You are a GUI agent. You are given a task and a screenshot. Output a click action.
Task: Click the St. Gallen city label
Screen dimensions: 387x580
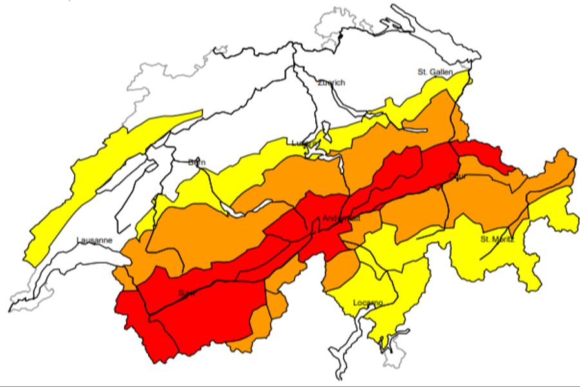(436, 72)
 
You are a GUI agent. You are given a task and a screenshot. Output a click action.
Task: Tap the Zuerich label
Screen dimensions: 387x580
(332, 83)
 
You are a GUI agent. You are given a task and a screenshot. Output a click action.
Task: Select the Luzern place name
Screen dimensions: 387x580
(304, 143)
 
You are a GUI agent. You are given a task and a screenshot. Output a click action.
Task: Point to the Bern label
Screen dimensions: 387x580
(197, 163)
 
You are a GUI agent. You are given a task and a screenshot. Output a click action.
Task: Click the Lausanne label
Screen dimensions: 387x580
(95, 241)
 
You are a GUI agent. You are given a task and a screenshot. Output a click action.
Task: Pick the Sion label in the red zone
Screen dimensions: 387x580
(187, 293)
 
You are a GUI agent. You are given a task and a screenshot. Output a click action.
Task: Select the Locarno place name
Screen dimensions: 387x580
(368, 303)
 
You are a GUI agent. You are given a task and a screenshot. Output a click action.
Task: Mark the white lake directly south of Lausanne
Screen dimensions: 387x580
(71, 271)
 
